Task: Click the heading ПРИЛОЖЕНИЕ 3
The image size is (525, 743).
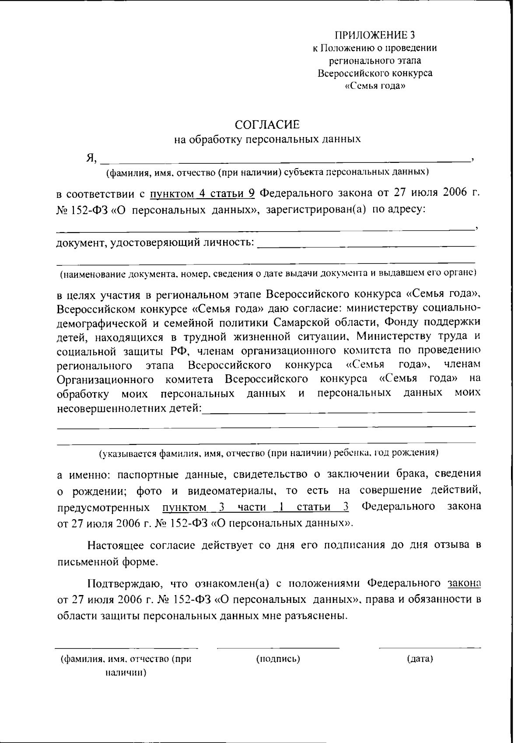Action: coord(374,35)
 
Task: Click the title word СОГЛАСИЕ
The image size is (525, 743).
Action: coord(267,125)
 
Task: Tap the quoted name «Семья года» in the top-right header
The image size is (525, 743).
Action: coord(375,86)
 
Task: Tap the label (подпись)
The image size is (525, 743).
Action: coord(278,659)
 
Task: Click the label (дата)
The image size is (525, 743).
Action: coord(420,659)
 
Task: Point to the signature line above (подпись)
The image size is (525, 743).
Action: coord(278,648)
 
